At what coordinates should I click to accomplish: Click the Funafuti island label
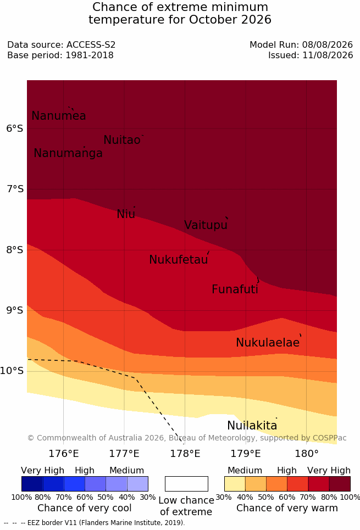[x=235, y=289]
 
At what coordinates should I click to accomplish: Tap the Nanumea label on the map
[x=58, y=115]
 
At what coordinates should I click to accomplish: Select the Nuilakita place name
[x=252, y=425]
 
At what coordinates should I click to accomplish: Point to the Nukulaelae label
[x=268, y=342]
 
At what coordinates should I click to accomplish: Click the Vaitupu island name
[x=206, y=225]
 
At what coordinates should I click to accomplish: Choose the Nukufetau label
[x=178, y=259]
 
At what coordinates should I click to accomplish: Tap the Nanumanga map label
[x=68, y=153]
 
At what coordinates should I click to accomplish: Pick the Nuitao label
[x=122, y=140]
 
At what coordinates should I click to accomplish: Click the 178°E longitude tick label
[x=185, y=453]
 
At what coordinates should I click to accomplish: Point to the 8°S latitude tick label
[x=15, y=250]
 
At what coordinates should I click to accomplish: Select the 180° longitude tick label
[x=307, y=453]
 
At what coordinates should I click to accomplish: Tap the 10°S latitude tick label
[x=12, y=371]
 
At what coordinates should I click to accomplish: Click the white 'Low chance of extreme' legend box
[x=186, y=484]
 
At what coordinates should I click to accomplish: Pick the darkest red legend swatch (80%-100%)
[x=340, y=484]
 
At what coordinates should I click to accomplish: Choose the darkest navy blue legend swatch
[x=32, y=484]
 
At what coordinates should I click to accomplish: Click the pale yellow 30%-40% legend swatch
[x=235, y=484]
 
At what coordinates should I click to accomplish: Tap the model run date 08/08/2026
[x=328, y=44]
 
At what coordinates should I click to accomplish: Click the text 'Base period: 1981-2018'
[x=60, y=55]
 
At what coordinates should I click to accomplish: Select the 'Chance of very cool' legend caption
[x=84, y=508]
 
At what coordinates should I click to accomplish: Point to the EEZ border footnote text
[x=95, y=523]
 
